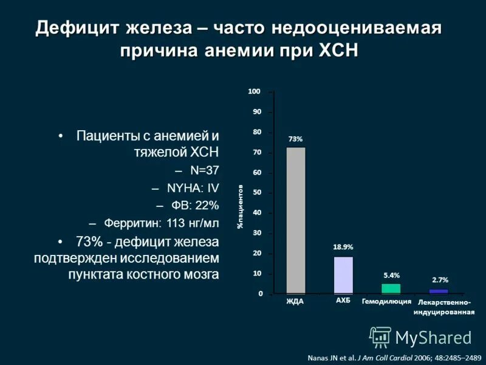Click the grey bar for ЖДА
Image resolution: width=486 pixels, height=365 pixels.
point(296,221)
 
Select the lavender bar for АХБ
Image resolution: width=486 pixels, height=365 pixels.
point(343,275)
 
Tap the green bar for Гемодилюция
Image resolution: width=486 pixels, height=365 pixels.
point(391,289)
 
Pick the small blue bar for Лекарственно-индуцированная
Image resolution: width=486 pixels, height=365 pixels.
point(438,291)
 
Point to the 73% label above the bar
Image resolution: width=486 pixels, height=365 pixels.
point(295,139)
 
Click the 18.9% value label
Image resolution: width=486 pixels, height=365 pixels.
point(343,247)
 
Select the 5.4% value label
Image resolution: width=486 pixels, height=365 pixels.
point(391,275)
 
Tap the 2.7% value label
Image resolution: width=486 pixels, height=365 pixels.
point(440,280)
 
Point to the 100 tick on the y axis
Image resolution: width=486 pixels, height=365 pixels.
point(254,91)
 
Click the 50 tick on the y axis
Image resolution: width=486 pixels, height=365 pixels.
point(256,193)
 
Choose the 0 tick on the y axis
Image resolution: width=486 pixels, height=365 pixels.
point(259,294)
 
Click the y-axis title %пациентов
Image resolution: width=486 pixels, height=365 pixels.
point(241,207)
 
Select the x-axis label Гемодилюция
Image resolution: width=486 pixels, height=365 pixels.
point(387,301)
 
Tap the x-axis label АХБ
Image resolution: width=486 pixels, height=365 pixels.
point(343,301)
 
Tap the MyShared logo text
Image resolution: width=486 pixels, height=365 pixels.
point(433,337)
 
